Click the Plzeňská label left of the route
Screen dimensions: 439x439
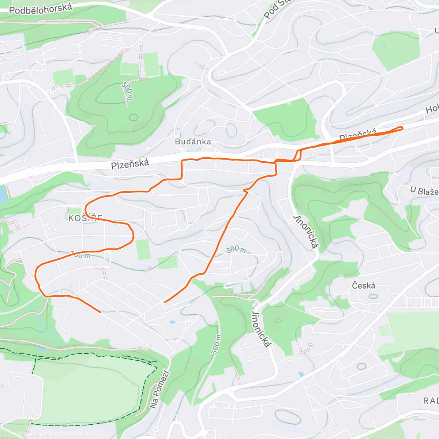130,164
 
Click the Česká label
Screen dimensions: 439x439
364,285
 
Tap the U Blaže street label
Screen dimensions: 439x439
424,191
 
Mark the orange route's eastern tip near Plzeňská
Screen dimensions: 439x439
402,128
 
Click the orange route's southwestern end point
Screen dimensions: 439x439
100,312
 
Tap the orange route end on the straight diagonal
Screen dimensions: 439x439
165,302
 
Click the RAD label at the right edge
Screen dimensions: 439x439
431,401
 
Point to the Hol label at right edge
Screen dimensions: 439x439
432,109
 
